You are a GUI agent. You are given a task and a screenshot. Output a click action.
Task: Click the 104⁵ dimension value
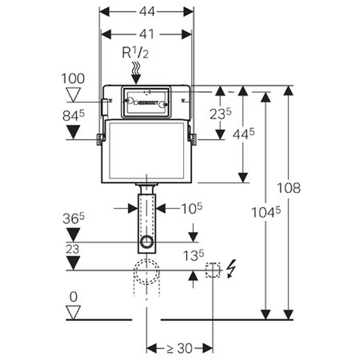pyautogui.click(x=263, y=211)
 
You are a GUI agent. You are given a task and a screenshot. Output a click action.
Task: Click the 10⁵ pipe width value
pyautogui.click(x=192, y=208)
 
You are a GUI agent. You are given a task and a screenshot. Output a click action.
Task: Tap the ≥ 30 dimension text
pyautogui.click(x=180, y=348)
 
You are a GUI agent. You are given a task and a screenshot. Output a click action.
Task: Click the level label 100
pyautogui.click(x=73, y=79)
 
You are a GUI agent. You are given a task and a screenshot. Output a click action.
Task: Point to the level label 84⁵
pyautogui.click(x=73, y=114)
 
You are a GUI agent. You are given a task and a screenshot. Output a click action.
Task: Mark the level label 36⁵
pyautogui.click(x=73, y=219)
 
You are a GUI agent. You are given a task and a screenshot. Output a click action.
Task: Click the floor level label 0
pyautogui.click(x=73, y=296)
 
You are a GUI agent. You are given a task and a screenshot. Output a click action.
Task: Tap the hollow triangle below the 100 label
pyautogui.click(x=74, y=94)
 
